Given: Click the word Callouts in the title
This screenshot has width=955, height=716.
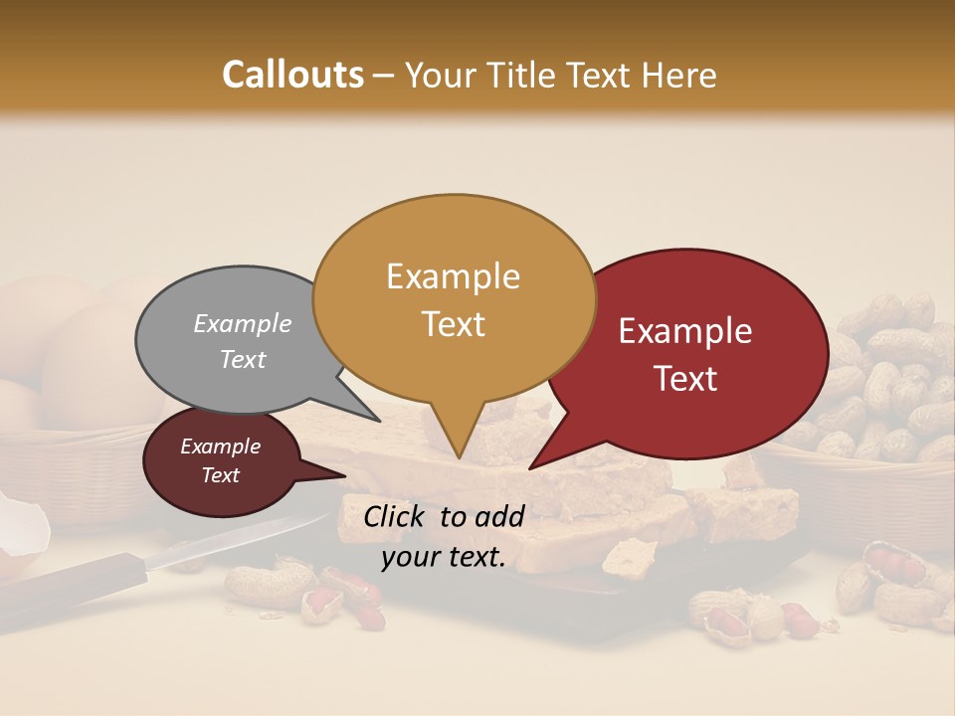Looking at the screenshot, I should point(292,75).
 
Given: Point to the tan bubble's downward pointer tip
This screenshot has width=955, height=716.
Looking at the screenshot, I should point(458,455).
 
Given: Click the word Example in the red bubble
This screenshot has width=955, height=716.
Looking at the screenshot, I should point(685,331).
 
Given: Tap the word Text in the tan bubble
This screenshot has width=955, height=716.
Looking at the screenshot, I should point(454,324).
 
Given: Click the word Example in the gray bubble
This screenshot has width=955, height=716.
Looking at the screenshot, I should point(242,323).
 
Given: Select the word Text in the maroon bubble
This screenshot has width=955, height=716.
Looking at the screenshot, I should point(221,475).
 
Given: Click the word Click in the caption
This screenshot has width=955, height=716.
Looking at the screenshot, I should point(397,515).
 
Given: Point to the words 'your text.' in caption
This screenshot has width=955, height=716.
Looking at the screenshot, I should point(444,558).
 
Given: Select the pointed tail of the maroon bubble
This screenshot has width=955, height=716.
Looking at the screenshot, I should point(333,474).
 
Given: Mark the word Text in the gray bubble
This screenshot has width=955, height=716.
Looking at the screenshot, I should point(242,359).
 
